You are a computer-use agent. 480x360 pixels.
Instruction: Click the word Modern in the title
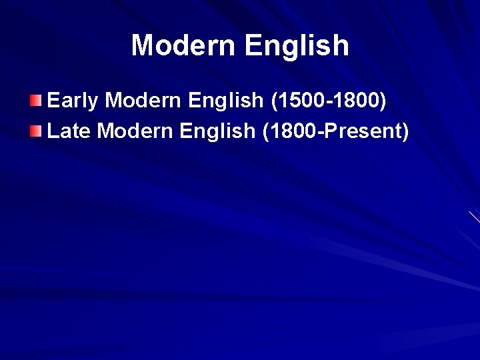tap(183, 45)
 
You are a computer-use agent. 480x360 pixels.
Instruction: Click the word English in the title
tap(297, 45)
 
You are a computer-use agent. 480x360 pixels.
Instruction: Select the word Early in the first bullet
tap(73, 101)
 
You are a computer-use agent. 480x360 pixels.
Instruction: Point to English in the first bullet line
tap(226, 101)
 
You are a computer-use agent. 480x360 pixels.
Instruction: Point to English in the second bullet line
tap(218, 131)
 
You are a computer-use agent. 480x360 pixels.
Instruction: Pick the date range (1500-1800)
tap(328, 101)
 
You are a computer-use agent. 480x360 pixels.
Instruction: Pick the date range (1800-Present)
tap(335, 131)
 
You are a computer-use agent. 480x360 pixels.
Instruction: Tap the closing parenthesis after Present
tap(404, 131)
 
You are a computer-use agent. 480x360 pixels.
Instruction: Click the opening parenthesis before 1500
tap(274, 101)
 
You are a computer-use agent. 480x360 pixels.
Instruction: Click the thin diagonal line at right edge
tap(474, 217)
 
